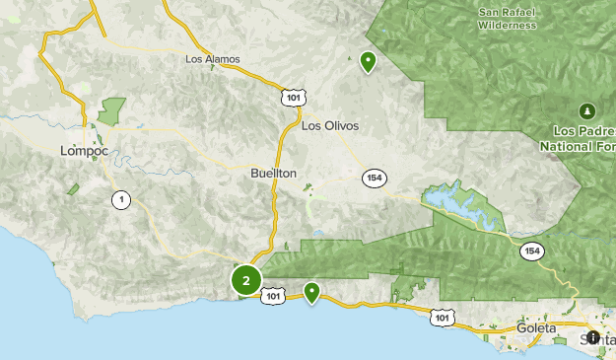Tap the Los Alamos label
[x=212, y=59]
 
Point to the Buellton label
[x=273, y=173]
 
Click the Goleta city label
[x=535, y=327]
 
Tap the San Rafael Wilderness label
[x=507, y=19]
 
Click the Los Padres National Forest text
[x=578, y=138]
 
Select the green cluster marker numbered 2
[x=245, y=280]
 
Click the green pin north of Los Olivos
[x=368, y=62]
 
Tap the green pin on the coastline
[x=311, y=291]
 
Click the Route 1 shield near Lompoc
[x=120, y=199]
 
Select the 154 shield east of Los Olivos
[x=374, y=178]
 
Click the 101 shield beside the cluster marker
[x=274, y=296]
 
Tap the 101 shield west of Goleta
[x=444, y=317]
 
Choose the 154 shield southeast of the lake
[x=532, y=252]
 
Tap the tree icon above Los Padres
[x=587, y=109]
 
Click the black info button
[x=592, y=336]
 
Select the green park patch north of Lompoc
[x=111, y=109]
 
